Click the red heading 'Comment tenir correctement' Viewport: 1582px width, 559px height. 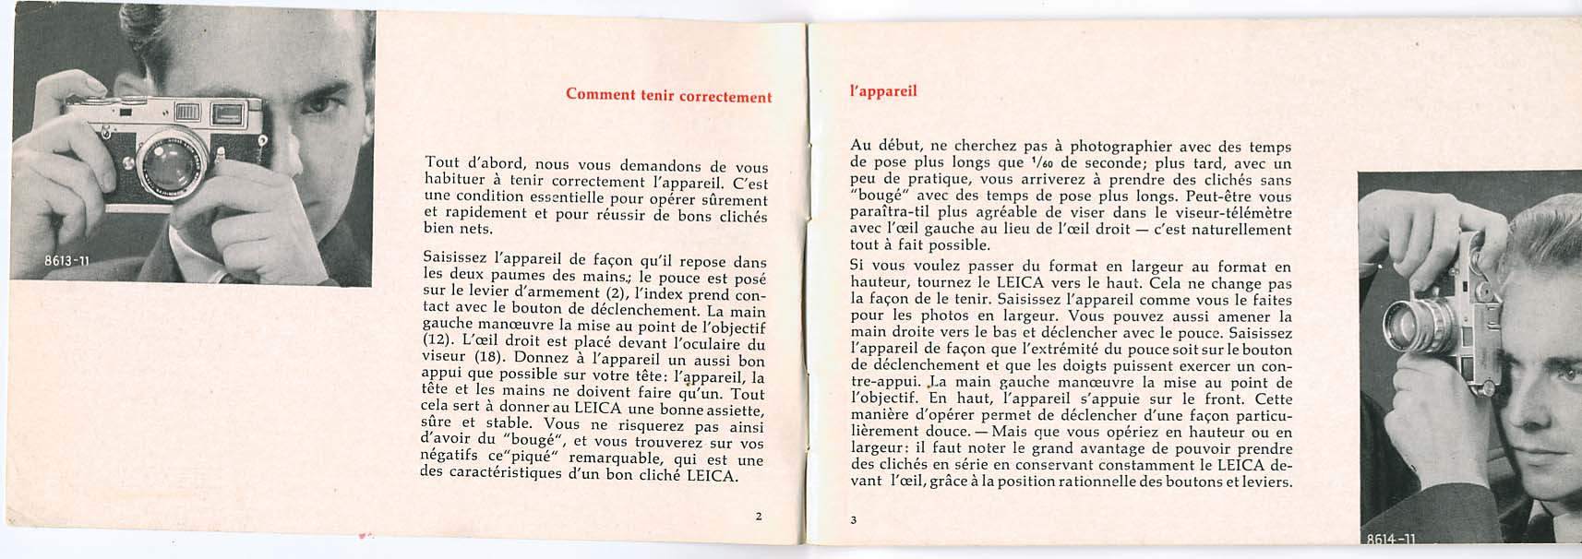point(668,95)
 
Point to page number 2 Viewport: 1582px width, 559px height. point(759,516)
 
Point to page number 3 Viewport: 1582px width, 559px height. point(854,519)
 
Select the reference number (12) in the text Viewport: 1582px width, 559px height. point(437,339)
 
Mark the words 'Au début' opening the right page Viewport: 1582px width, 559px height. point(881,146)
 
